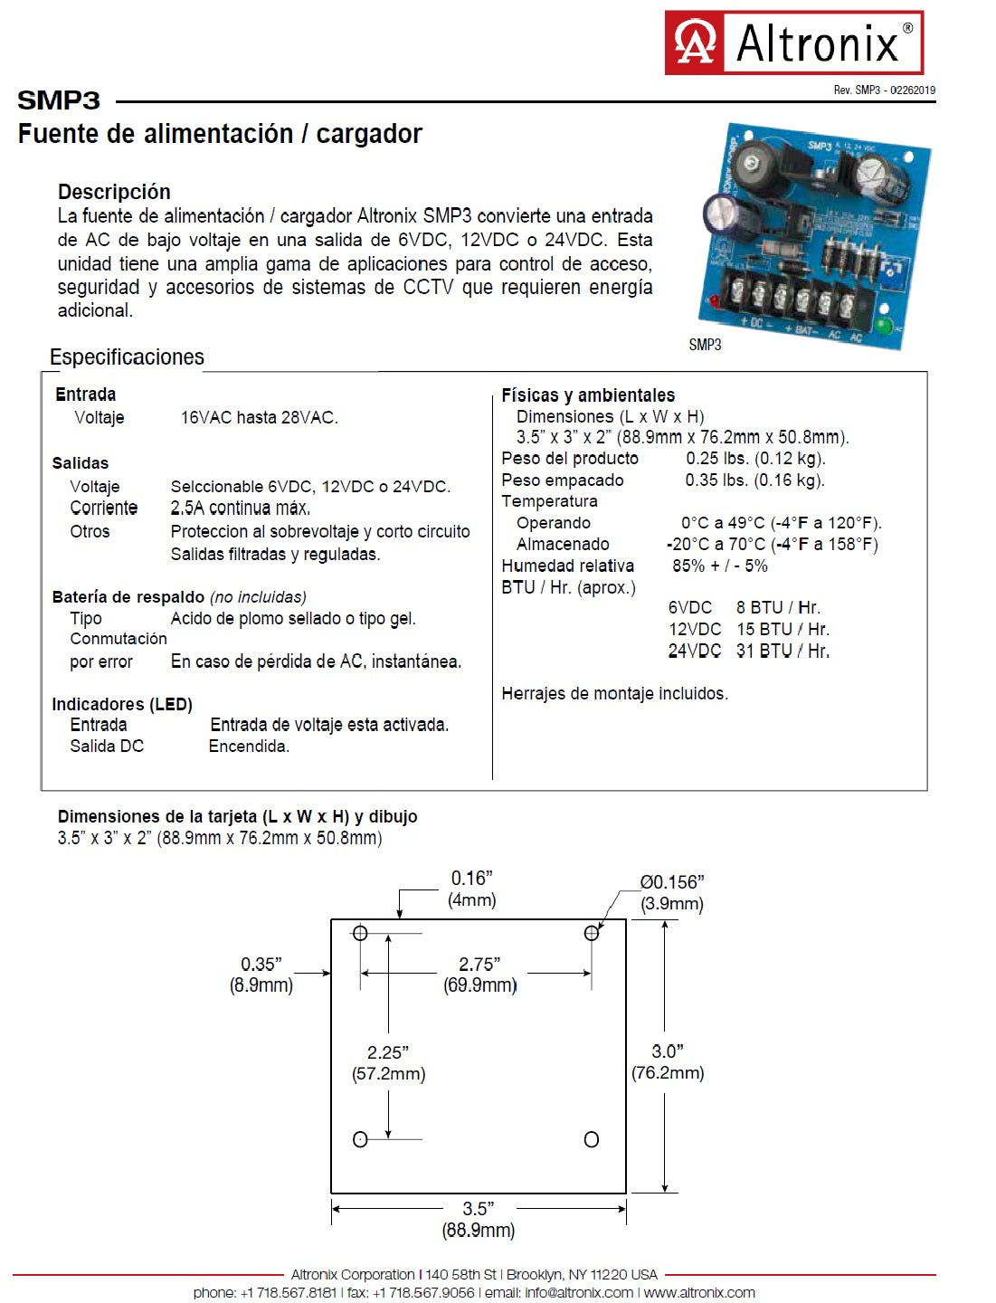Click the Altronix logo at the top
point(793,43)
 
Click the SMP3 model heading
point(59,100)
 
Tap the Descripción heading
point(114,192)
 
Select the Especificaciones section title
point(127,357)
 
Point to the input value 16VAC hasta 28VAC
point(259,418)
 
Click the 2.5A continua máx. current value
point(241,509)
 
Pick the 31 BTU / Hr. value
point(783,651)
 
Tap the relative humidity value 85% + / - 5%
point(719,566)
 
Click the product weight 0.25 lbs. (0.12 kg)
point(755,459)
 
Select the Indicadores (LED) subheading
point(122,704)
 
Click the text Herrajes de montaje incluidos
point(614,694)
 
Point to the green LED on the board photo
point(883,326)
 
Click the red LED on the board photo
point(714,300)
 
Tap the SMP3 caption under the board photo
point(705,345)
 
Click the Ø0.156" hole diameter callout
point(672,882)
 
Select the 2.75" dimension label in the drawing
point(479,965)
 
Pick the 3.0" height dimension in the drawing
point(668,1051)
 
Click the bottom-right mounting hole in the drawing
point(592,1140)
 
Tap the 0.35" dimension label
point(261,965)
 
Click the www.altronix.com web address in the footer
point(699,1293)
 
